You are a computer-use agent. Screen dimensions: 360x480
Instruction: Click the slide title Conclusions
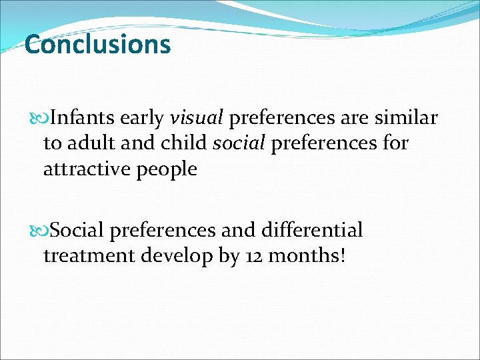coord(97,45)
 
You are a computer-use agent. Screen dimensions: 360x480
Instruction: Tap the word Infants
coord(83,118)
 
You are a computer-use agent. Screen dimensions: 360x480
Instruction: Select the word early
coord(142,118)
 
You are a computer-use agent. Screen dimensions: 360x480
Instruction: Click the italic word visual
coord(197,118)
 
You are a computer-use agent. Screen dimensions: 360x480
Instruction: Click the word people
coord(166,170)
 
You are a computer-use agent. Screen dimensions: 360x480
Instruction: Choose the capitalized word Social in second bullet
coord(77,230)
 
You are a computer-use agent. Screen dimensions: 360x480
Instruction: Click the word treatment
coord(89,255)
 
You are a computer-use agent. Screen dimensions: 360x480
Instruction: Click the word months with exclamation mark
coord(310,255)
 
